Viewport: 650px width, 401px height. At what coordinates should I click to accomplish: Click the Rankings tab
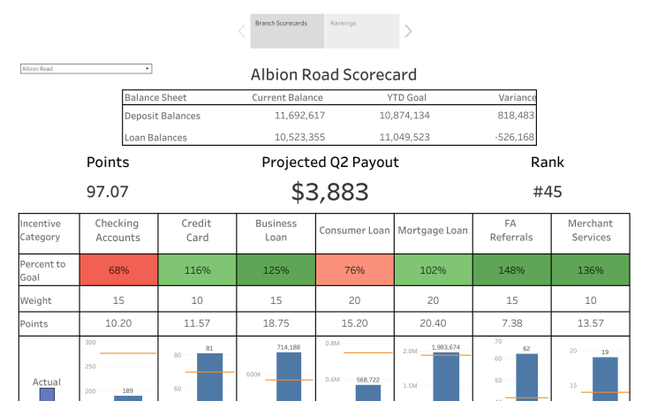click(x=362, y=31)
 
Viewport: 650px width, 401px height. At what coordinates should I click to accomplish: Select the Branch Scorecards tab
click(x=287, y=31)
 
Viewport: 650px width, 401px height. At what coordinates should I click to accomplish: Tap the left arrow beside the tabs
click(x=241, y=32)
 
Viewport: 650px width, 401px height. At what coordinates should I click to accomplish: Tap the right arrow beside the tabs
click(x=408, y=32)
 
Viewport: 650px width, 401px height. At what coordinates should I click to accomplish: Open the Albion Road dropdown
click(x=86, y=68)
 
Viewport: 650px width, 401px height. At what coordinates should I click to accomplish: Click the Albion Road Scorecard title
click(x=333, y=75)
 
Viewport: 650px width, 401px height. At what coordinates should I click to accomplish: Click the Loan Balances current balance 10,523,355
click(x=299, y=137)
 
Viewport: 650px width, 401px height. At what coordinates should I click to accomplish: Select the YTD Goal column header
click(x=408, y=98)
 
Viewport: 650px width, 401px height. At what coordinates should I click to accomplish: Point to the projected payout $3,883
click(x=329, y=192)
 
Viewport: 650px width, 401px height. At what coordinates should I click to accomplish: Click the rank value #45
click(x=548, y=192)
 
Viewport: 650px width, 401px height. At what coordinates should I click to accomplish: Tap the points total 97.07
click(x=108, y=192)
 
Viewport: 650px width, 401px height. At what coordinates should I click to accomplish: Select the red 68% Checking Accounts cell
click(x=117, y=270)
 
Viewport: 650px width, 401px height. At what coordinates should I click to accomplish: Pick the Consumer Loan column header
click(x=354, y=231)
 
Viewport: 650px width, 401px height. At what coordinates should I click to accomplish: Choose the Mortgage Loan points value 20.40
click(x=433, y=324)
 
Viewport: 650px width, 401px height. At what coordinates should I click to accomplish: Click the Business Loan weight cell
click(x=276, y=301)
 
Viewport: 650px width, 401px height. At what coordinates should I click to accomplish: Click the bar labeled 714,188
click(x=288, y=375)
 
